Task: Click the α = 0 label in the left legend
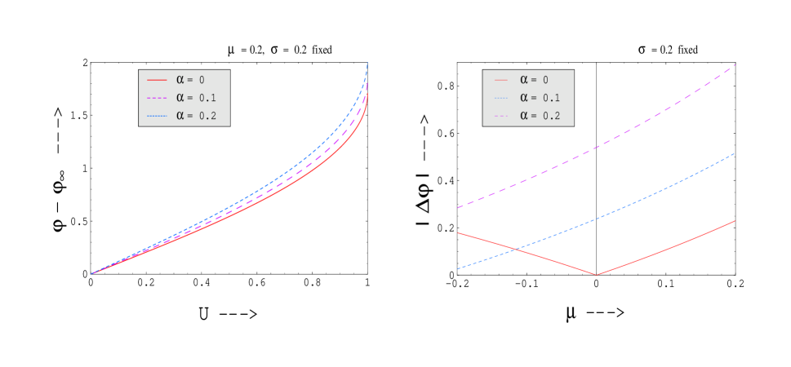click(191, 80)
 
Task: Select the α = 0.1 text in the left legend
click(196, 98)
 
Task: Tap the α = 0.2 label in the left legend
click(196, 116)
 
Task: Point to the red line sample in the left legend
click(157, 80)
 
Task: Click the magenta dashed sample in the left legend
click(157, 98)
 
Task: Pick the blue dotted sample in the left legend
click(157, 116)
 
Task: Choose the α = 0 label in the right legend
click(535, 80)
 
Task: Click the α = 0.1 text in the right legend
click(540, 98)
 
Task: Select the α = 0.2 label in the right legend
click(540, 116)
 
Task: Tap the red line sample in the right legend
click(500, 80)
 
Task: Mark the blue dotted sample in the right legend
click(500, 98)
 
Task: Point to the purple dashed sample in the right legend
click(500, 116)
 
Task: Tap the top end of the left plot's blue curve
click(367, 63)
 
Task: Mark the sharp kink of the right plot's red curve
click(597, 275)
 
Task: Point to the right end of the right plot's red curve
click(735, 220)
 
